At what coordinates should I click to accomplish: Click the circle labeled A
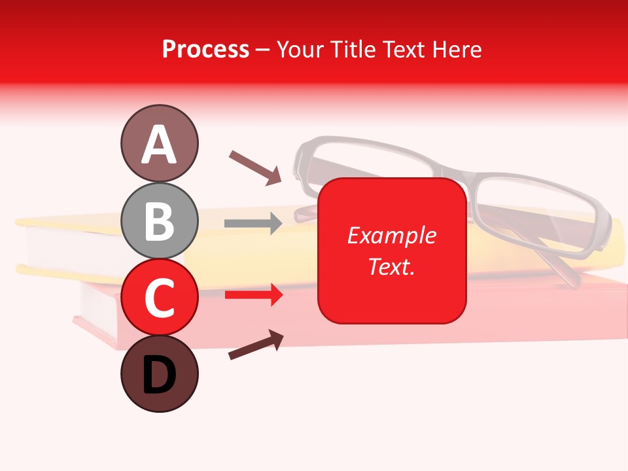(159, 143)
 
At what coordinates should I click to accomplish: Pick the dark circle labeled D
(159, 374)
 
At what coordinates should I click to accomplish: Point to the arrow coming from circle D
(256, 345)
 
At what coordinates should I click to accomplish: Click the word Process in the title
(205, 49)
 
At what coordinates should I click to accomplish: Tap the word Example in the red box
(391, 235)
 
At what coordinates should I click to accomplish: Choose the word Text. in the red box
(391, 266)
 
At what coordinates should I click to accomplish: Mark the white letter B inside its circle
(159, 221)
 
